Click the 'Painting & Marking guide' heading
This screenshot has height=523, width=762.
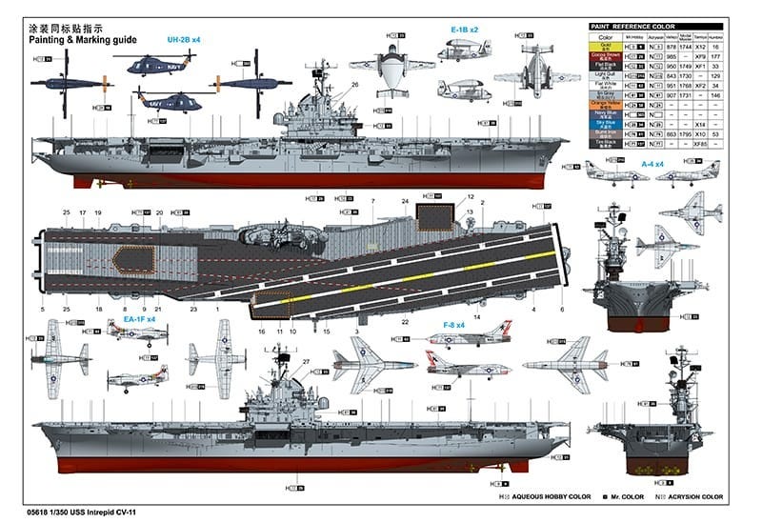tap(83, 40)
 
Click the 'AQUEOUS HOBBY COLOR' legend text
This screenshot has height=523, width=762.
tap(549, 497)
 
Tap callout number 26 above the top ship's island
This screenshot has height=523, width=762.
tap(353, 85)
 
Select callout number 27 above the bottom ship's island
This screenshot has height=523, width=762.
tap(307, 360)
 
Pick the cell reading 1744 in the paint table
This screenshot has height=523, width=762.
tap(684, 46)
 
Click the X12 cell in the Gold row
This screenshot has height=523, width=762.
tap(700, 46)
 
